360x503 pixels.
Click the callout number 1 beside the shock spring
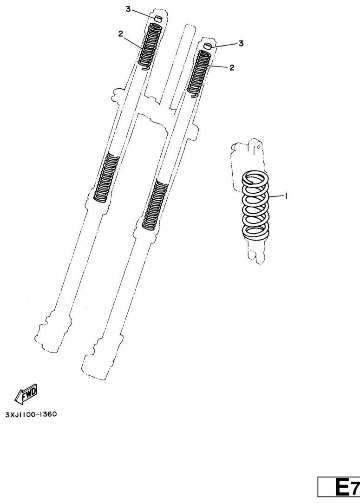tap(286, 196)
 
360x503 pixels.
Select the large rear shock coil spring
tap(255, 205)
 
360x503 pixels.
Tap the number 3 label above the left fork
tap(128, 10)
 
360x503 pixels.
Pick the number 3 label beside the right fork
tap(241, 43)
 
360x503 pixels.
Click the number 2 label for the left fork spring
tap(121, 34)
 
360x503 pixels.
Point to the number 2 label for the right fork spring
tap(232, 67)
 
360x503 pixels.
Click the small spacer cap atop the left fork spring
tap(158, 18)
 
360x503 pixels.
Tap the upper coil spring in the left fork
tap(151, 46)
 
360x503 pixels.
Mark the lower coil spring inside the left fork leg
tap(106, 177)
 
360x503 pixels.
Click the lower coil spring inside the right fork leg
tap(155, 205)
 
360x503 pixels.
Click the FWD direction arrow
tap(26, 393)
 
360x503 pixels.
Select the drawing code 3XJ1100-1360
tap(31, 414)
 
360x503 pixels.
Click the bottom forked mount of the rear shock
tap(256, 255)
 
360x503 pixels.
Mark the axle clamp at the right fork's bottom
tap(102, 359)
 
